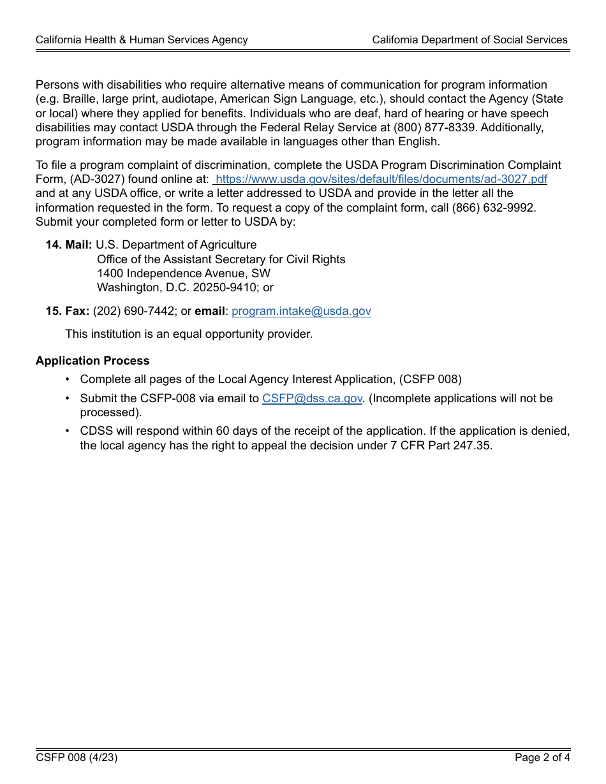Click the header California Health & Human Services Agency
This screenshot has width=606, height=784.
[x=142, y=40]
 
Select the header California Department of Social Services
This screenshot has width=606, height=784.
[x=469, y=40]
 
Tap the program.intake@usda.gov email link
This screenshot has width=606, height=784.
[x=301, y=311]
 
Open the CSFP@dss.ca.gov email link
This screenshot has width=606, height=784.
[x=312, y=398]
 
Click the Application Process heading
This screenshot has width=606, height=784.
[x=92, y=361]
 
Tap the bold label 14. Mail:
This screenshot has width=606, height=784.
[x=69, y=245]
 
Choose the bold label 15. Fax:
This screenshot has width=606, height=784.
[x=68, y=311]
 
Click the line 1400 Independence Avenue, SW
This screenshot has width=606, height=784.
[x=184, y=273]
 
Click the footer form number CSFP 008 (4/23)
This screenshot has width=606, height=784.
[x=77, y=758]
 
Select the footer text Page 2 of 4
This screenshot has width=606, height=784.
[x=542, y=758]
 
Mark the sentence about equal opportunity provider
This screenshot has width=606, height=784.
[x=189, y=334]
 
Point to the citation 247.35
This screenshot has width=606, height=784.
[x=471, y=446]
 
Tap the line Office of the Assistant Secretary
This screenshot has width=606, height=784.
[x=221, y=259]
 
